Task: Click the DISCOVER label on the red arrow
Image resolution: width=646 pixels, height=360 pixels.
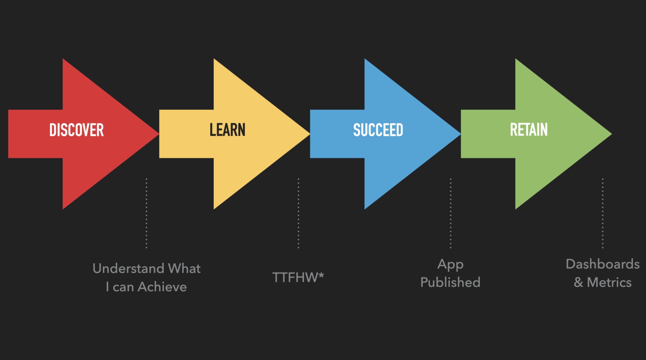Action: tap(76, 130)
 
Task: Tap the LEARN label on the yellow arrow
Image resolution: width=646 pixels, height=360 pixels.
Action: tap(227, 130)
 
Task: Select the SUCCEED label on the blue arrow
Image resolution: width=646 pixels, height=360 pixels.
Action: tap(378, 130)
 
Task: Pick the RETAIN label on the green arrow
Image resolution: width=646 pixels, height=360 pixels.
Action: tap(529, 130)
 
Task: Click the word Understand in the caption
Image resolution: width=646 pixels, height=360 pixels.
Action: tap(128, 268)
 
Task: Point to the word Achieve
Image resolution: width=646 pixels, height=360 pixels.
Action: tap(162, 287)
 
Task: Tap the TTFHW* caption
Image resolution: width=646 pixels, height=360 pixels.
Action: tap(298, 277)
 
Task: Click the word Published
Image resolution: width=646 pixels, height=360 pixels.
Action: tap(450, 282)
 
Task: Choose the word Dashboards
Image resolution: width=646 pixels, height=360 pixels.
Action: tap(603, 264)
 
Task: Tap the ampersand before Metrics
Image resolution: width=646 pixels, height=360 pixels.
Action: tap(578, 282)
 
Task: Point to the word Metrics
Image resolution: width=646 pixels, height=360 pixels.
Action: tap(610, 282)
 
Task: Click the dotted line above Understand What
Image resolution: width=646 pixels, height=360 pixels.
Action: tap(146, 213)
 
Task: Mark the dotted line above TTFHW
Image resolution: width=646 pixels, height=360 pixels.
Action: tap(298, 213)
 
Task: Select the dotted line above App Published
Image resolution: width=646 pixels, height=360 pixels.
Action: tap(450, 213)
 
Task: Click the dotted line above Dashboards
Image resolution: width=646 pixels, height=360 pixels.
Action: tap(603, 213)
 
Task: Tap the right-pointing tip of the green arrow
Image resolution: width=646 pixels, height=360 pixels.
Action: tap(611, 134)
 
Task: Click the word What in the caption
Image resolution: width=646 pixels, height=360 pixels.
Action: tap(184, 268)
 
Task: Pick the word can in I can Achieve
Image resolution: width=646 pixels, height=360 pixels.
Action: tap(123, 287)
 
